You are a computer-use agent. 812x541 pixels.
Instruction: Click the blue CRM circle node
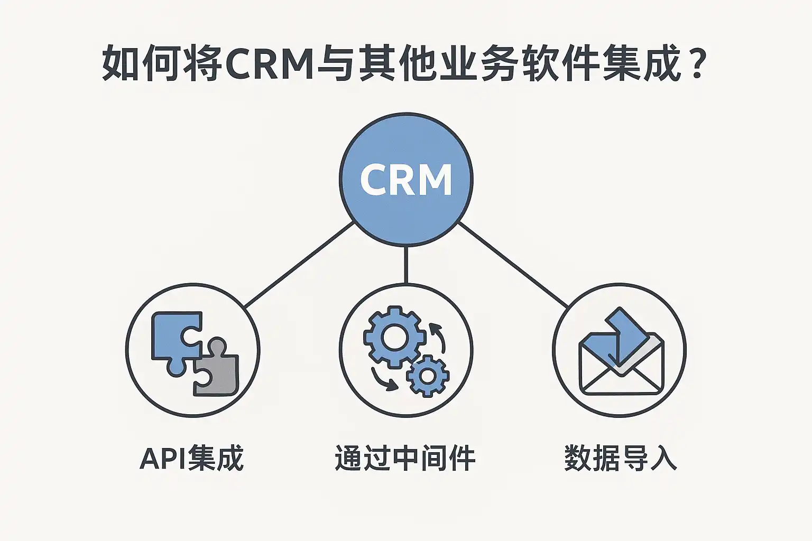[405, 180]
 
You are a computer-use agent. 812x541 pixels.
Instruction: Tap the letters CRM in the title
[270, 63]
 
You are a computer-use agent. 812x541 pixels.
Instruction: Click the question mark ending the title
[697, 63]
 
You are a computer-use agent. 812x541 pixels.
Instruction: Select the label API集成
[191, 458]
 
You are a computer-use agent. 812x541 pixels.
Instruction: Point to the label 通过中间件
[405, 458]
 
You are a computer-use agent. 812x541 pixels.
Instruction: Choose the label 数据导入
[620, 458]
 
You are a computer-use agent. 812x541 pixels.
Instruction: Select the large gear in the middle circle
[392, 337]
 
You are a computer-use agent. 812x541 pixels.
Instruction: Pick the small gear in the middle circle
[427, 376]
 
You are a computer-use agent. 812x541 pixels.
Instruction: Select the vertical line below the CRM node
[405, 264]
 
